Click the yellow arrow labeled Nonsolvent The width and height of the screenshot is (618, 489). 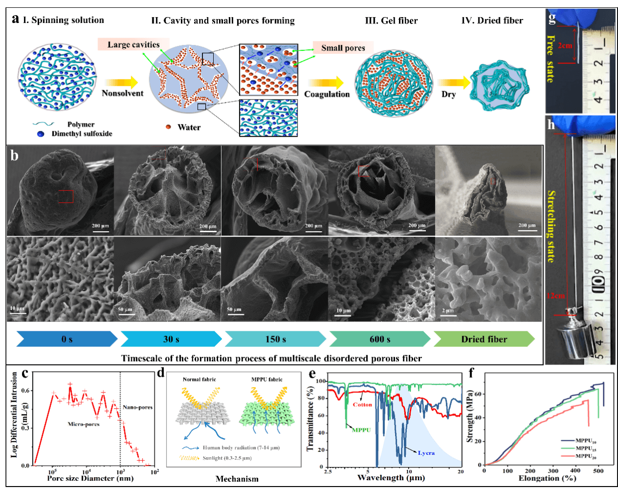[x=121, y=82]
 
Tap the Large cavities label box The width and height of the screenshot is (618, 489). [x=133, y=45]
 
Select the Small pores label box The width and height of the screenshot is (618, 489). [x=343, y=48]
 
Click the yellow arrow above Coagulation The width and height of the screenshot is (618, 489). [x=326, y=83]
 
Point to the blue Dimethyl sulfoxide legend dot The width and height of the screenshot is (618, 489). [x=41, y=134]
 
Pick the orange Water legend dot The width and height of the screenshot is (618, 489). [x=168, y=127]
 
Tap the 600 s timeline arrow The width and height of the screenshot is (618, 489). [x=380, y=339]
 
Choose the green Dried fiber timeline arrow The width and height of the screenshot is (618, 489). [x=484, y=339]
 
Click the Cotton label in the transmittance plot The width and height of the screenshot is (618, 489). [x=363, y=405]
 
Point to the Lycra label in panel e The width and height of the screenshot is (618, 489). [x=426, y=453]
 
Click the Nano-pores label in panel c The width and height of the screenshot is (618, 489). [x=137, y=407]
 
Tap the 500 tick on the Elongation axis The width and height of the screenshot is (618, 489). [x=598, y=471]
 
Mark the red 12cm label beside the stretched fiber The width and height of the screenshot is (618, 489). [x=556, y=296]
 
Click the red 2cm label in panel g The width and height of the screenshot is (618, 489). [x=565, y=46]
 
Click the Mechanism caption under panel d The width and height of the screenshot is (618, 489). [x=237, y=479]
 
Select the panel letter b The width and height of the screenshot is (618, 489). [x=15, y=155]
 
